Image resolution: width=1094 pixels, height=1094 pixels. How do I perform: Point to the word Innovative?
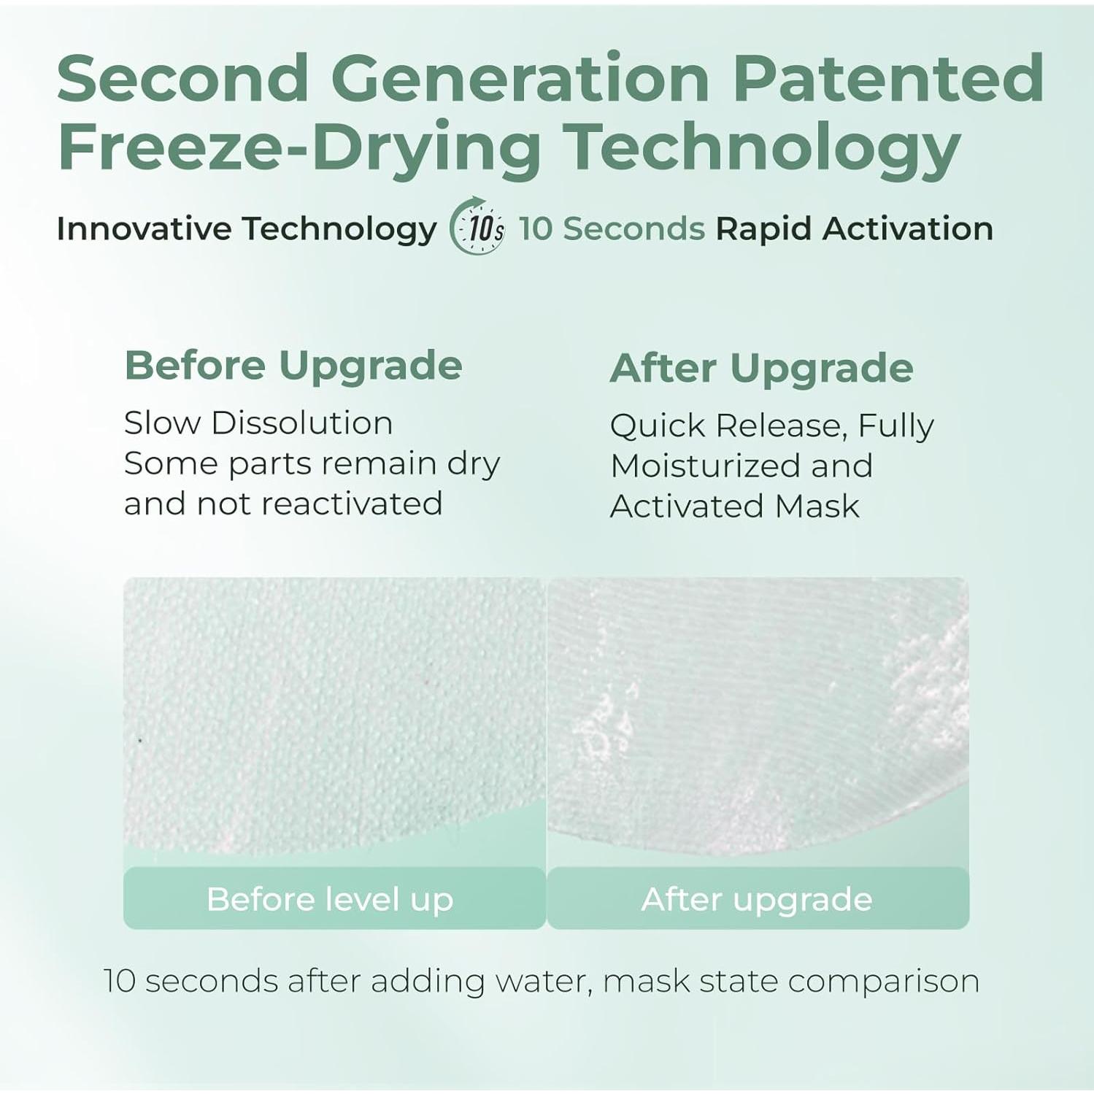[144, 228]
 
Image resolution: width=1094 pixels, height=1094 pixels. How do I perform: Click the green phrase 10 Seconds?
[612, 228]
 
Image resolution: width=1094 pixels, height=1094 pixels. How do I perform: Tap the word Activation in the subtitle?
[908, 228]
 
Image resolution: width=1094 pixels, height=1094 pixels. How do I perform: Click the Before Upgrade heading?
[293, 366]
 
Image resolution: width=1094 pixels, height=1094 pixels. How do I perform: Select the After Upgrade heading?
[761, 368]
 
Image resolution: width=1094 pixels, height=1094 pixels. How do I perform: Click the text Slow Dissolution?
[258, 423]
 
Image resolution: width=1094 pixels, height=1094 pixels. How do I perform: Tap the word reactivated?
[352, 504]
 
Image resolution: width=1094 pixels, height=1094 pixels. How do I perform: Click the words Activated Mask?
[735, 506]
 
